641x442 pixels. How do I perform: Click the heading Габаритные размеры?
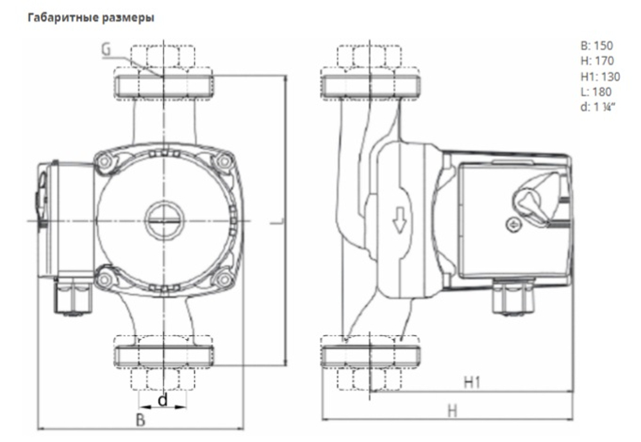tap(90, 18)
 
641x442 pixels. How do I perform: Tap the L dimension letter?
tap(276, 221)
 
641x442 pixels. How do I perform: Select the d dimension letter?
tap(163, 401)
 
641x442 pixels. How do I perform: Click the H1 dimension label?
tap(472, 383)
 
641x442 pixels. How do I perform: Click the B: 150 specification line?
tap(595, 46)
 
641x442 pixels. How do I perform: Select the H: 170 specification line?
tap(595, 62)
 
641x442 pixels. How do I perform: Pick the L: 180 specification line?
tap(594, 92)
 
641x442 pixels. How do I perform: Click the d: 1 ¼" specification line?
tap(597, 107)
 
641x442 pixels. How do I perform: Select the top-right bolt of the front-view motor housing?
tap(223, 161)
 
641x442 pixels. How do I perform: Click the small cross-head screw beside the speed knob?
tap(511, 225)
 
